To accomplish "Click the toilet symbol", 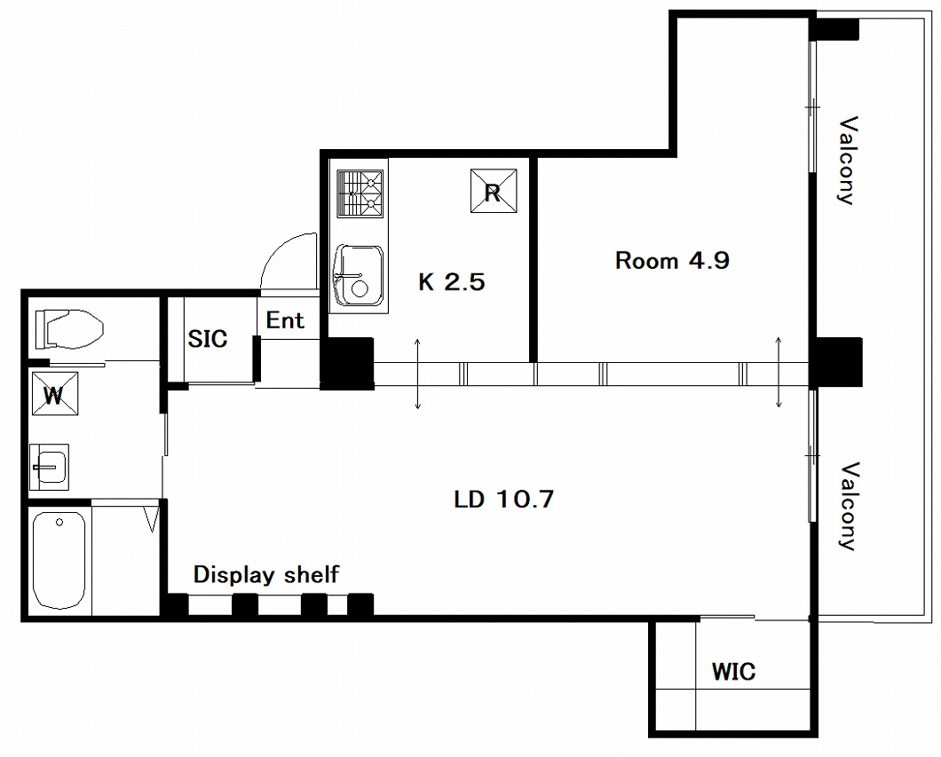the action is point(69,328).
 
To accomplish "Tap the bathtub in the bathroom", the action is point(59,560).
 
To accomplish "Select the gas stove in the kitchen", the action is point(360,193).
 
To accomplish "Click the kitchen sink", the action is point(359,275).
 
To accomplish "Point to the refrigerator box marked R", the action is point(494,191).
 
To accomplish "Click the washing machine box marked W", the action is point(55,393).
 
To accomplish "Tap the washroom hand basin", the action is point(49,463).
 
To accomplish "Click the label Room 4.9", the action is point(672,260).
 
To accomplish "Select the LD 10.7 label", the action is point(503,499).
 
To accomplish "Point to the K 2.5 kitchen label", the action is point(451,281).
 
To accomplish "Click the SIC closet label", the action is point(208,339).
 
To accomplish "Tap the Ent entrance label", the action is point(285,320).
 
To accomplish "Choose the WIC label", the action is point(733,671).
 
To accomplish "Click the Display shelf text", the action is point(265,575).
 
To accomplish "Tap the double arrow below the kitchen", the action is point(418,373).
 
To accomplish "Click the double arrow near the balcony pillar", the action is point(779,372).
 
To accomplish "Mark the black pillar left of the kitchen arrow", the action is point(347,364).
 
